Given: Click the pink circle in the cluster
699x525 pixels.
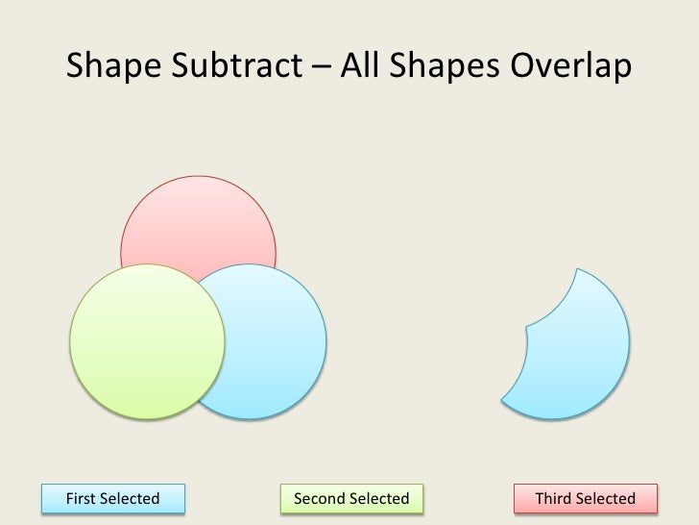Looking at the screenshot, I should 199,216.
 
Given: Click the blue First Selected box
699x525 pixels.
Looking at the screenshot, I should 111,498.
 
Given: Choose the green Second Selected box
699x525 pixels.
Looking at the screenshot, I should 350,498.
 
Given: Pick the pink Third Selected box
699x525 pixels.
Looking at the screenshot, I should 585,498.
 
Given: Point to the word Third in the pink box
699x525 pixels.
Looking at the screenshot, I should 554,498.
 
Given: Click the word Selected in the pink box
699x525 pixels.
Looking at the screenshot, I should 606,498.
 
